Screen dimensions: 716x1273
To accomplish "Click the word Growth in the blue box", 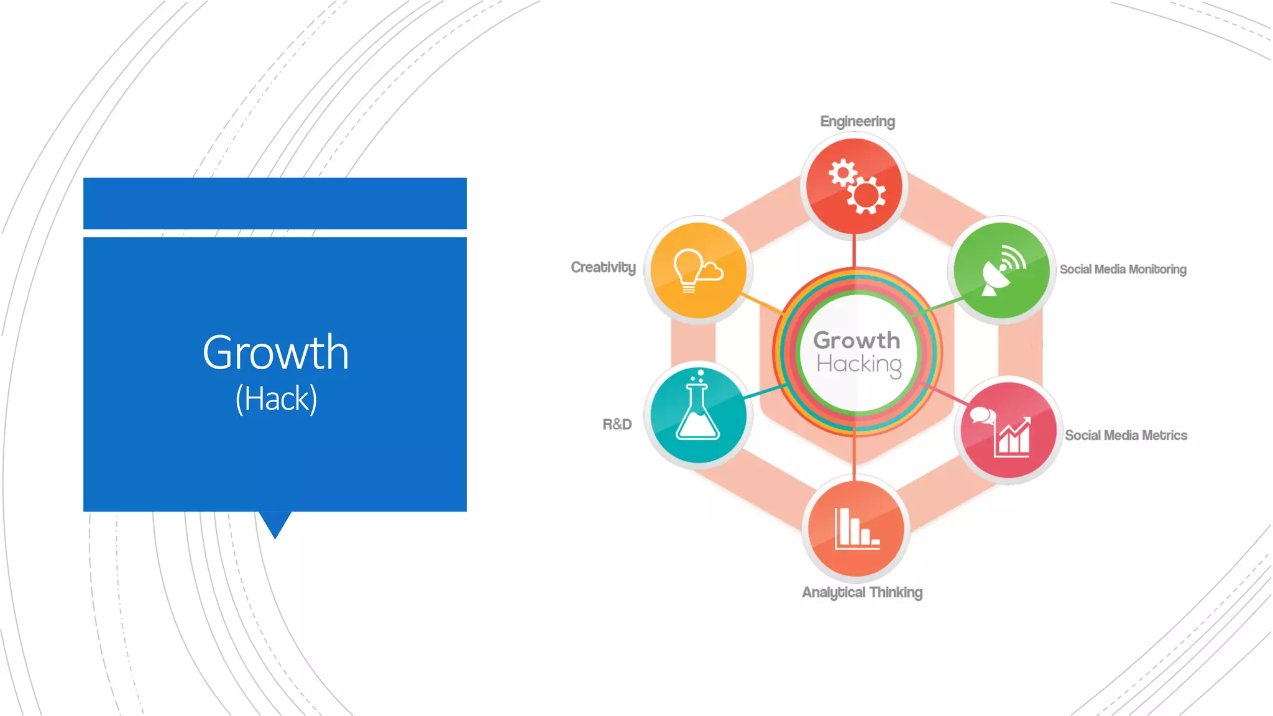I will pyautogui.click(x=275, y=352).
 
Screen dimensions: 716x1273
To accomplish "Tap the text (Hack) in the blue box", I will pyautogui.click(x=276, y=398).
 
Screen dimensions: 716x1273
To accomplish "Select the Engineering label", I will pyautogui.click(x=857, y=121).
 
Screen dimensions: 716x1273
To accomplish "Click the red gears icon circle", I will pyautogui.click(x=854, y=186).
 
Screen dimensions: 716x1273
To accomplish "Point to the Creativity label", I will pyautogui.click(x=603, y=267).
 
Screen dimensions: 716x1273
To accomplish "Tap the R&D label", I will pyautogui.click(x=617, y=425).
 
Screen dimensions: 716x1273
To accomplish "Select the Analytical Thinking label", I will pyautogui.click(x=862, y=592).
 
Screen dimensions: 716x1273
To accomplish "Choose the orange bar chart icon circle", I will pyautogui.click(x=855, y=528).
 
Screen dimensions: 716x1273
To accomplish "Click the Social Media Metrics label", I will pyautogui.click(x=1126, y=435).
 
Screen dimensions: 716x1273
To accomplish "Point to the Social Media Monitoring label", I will pyautogui.click(x=1123, y=269).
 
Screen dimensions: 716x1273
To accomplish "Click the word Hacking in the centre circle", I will pyautogui.click(x=859, y=364).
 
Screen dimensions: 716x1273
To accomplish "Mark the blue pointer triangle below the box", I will pyautogui.click(x=275, y=522).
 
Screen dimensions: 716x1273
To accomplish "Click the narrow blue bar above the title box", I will pyautogui.click(x=275, y=203).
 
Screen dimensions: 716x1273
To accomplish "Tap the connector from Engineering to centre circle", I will pyautogui.click(x=854, y=251).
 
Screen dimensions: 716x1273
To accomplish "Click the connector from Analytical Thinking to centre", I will pyautogui.click(x=854, y=457).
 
